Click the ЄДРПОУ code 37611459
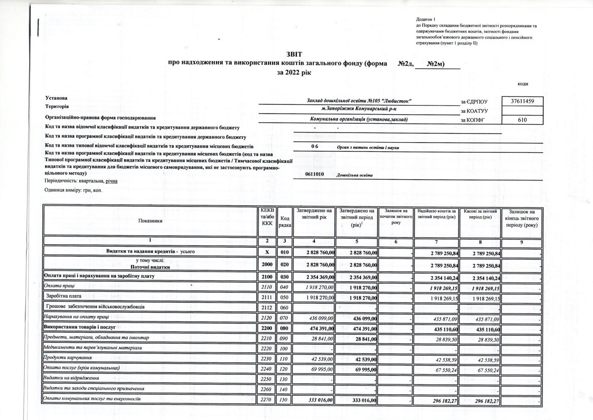pyautogui.click(x=522, y=101)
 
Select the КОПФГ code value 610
pyautogui.click(x=522, y=119)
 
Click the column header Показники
pyautogui.click(x=150, y=221)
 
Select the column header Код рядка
pyautogui.click(x=285, y=222)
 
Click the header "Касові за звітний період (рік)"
pyautogui.click(x=480, y=214)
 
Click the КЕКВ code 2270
pyautogui.click(x=267, y=400)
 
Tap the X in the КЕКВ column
pyautogui.click(x=267, y=252)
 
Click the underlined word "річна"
pyautogui.click(x=111, y=181)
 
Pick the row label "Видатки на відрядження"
pyautogui.click(x=71, y=378)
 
